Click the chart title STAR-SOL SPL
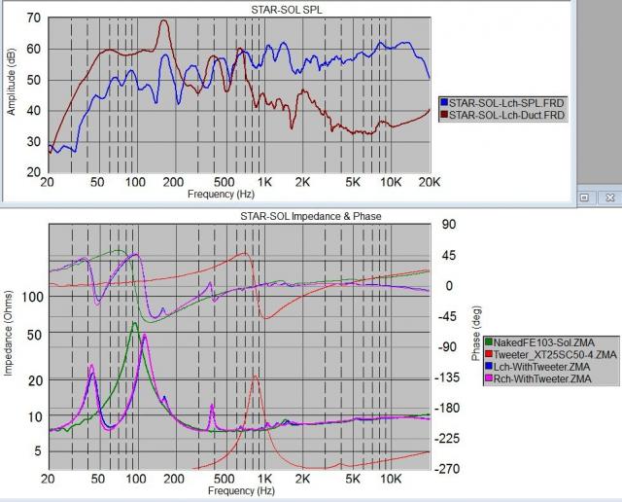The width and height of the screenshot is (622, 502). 239,10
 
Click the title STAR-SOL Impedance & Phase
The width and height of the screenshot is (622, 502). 239,215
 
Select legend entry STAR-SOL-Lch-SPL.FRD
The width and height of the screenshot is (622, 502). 504,101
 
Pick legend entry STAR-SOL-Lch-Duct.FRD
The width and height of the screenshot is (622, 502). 506,115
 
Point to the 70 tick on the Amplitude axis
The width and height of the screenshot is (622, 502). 34,18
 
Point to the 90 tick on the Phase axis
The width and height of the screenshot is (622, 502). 448,225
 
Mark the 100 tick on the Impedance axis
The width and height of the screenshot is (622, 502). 31,297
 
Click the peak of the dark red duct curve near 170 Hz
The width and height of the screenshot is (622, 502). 163,20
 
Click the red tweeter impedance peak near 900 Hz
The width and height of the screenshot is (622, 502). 255,376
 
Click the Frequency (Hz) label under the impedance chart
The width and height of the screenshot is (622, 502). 239,492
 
